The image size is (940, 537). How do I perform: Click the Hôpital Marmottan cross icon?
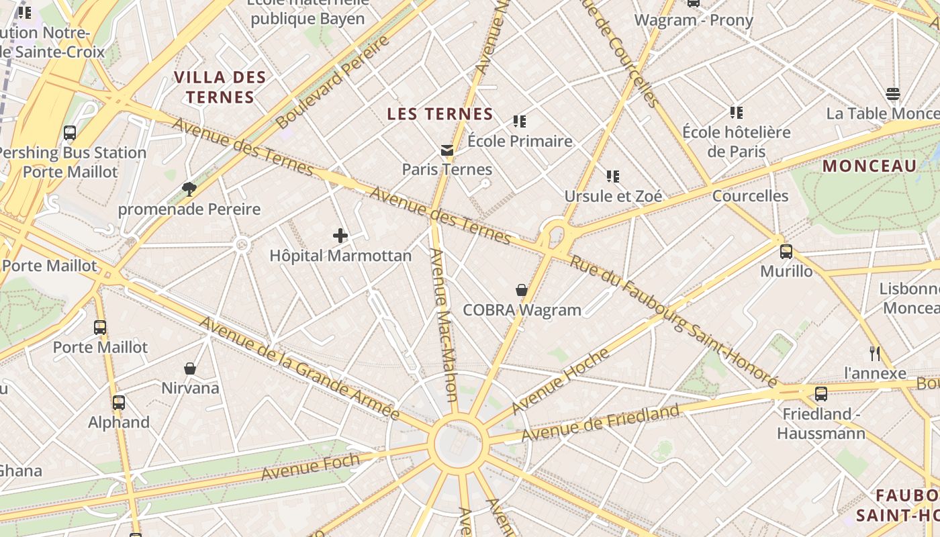point(340,236)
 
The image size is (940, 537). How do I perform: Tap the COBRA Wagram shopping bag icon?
point(521,290)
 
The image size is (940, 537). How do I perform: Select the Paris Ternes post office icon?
point(447,150)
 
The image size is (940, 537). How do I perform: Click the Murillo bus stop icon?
point(786,252)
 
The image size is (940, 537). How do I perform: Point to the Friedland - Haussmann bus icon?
point(820,394)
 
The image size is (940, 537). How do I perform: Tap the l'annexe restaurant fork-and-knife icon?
point(874,353)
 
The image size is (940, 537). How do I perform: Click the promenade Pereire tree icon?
point(189,189)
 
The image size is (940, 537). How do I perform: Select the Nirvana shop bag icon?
point(190,369)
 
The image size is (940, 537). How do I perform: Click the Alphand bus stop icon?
point(119,403)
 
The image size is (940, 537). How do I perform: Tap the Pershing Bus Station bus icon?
point(70,133)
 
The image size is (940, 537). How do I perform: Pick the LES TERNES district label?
point(440,114)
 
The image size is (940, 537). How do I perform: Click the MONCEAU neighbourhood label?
point(869,166)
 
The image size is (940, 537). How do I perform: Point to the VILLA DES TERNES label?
point(220,87)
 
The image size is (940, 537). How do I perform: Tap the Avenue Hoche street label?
point(560,381)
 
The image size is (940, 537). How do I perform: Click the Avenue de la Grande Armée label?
point(299,369)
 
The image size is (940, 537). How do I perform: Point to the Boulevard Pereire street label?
point(332,82)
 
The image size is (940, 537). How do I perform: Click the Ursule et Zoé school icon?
point(612,177)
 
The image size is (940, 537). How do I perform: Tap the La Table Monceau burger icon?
point(892,94)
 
